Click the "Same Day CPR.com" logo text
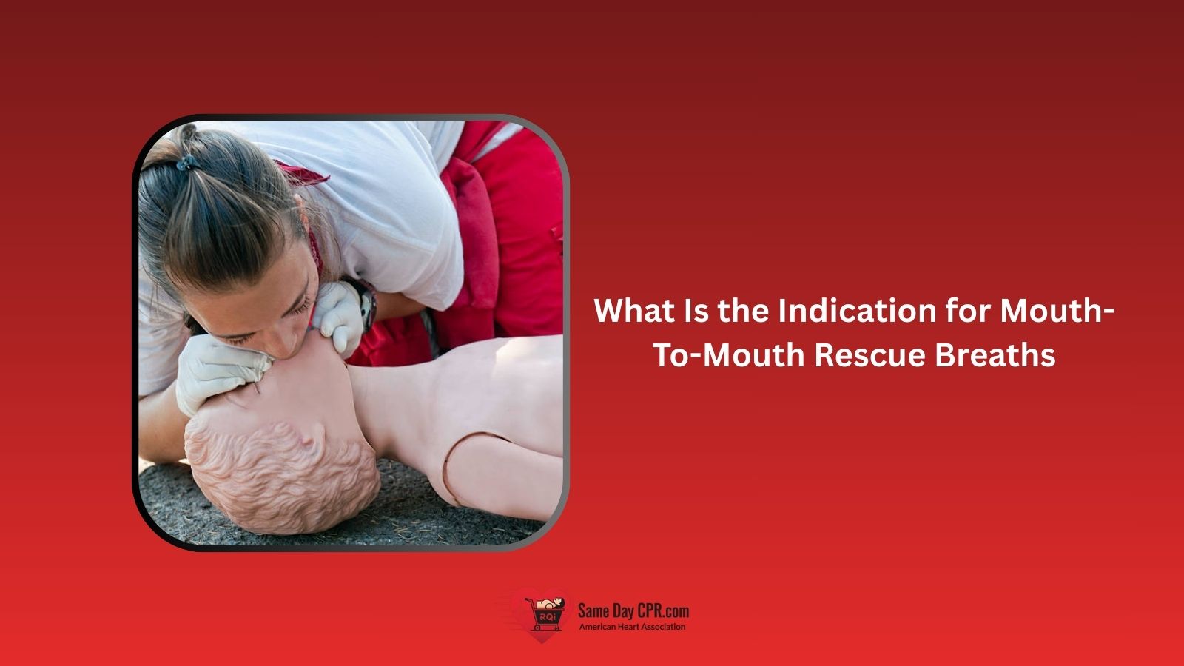click(633, 611)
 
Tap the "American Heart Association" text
click(632, 628)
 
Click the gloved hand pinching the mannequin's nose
click(215, 374)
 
